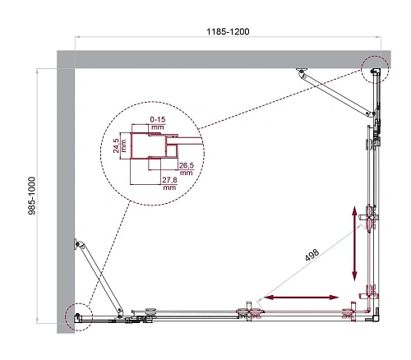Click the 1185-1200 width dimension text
228,30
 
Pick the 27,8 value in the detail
170,183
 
